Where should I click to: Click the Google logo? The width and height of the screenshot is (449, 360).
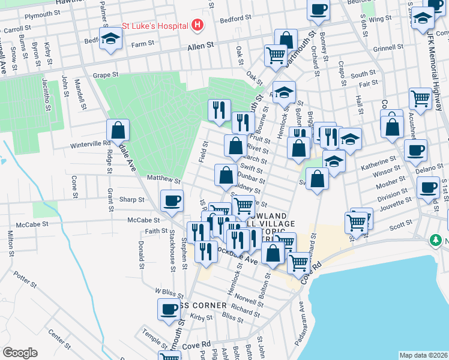click(20, 353)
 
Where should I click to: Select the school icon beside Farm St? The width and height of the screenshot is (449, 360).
click(110, 39)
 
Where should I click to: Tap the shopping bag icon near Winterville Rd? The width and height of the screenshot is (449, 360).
click(118, 130)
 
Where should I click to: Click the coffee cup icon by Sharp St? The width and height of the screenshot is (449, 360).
click(172, 200)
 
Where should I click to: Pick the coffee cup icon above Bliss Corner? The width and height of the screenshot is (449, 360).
click(168, 310)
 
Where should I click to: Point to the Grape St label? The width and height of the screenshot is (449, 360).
click(106, 75)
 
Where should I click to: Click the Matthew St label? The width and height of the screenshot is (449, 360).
click(164, 179)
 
